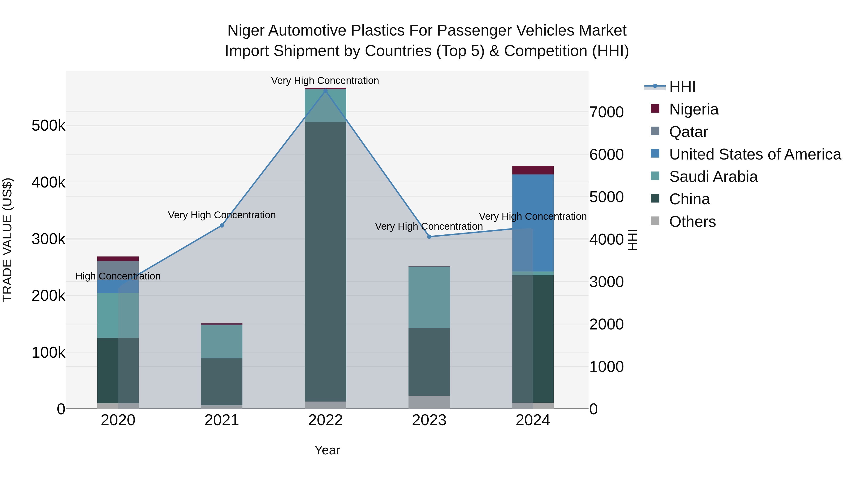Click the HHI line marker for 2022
325,91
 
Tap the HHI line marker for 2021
222,226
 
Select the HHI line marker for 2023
429,237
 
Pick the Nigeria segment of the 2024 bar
533,170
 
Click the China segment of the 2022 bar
325,262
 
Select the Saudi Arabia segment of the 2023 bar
429,297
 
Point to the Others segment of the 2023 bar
429,402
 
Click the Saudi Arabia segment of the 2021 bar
222,341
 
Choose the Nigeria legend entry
694,109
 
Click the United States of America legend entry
755,154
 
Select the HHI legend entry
682,87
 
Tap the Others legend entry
692,222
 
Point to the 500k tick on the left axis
48,126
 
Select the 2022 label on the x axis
325,420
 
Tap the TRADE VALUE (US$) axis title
7,240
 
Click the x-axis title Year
327,450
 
